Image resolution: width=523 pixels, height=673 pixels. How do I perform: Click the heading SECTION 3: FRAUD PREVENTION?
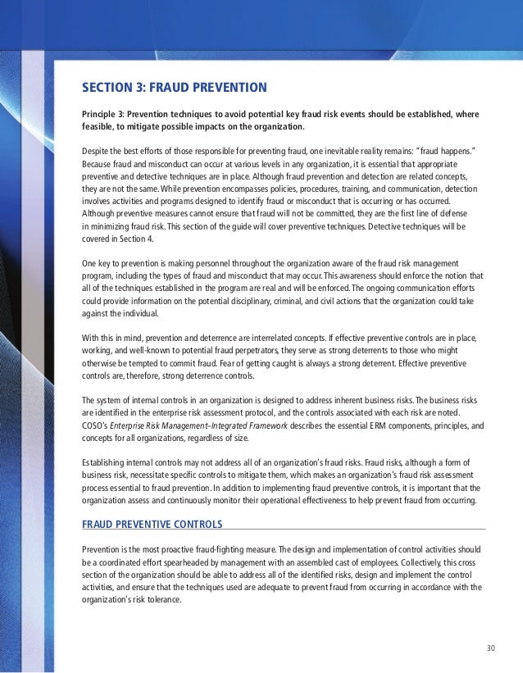[175, 87]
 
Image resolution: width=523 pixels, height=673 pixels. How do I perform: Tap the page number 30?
[491, 648]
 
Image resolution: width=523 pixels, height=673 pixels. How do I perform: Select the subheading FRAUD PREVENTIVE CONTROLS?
[152, 524]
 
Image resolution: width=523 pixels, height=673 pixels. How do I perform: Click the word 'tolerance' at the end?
[161, 598]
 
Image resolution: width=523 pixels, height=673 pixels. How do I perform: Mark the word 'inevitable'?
[357, 151]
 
